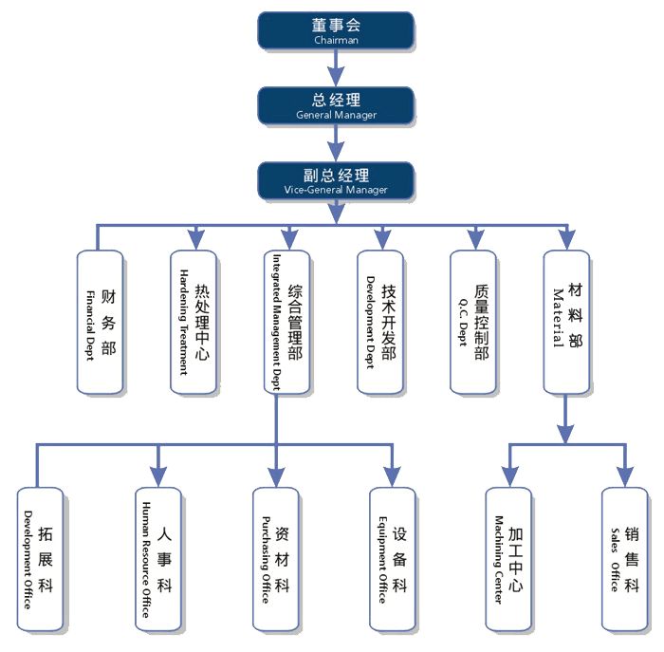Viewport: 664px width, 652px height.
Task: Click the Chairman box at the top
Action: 336,30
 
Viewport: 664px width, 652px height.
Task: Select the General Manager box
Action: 336,104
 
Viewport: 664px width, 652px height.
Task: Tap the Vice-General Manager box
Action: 336,179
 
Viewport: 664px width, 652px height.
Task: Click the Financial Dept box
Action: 100,323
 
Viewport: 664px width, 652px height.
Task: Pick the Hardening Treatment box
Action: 194,323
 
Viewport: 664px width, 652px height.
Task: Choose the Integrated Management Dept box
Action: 286,323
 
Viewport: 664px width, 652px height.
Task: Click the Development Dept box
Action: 380,323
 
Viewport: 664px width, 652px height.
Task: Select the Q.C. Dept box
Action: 473,323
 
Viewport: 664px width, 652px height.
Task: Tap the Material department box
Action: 566,323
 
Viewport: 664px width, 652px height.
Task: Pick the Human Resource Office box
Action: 158,560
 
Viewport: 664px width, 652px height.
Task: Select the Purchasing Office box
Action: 275,560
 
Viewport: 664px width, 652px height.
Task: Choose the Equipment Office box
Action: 392,560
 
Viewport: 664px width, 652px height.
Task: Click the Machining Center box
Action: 508,560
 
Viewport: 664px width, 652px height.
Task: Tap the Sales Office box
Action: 625,560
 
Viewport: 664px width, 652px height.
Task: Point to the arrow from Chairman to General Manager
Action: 336,67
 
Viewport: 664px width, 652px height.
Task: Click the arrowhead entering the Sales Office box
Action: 625,477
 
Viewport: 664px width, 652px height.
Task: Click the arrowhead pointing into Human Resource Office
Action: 158,477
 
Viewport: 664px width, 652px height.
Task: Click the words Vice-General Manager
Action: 336,190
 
